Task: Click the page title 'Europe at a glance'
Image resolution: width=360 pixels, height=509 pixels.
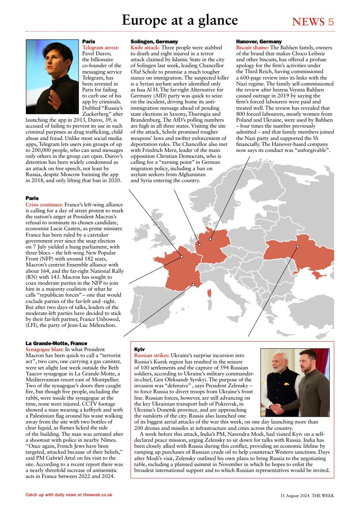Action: [180, 20]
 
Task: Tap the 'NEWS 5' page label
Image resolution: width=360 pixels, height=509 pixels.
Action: [313, 22]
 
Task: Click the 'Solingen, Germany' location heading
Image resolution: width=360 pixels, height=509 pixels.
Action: [154, 41]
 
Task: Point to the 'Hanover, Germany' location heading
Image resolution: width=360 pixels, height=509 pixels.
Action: [259, 41]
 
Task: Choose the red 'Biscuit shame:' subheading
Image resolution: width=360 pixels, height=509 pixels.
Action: [252, 47]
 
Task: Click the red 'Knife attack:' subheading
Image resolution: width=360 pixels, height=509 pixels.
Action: [145, 47]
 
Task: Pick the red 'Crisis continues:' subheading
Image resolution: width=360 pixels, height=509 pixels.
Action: [44, 204]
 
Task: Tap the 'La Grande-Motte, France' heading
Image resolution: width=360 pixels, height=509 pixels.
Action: [56, 343]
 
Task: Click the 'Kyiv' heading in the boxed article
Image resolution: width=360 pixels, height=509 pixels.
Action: [140, 349]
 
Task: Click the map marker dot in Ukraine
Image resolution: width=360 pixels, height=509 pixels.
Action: [298, 247]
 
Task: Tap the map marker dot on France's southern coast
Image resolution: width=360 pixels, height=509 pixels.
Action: [193, 285]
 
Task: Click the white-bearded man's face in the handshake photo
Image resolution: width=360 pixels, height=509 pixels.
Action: [278, 365]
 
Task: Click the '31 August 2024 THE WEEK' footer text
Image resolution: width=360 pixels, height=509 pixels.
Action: [307, 495]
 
